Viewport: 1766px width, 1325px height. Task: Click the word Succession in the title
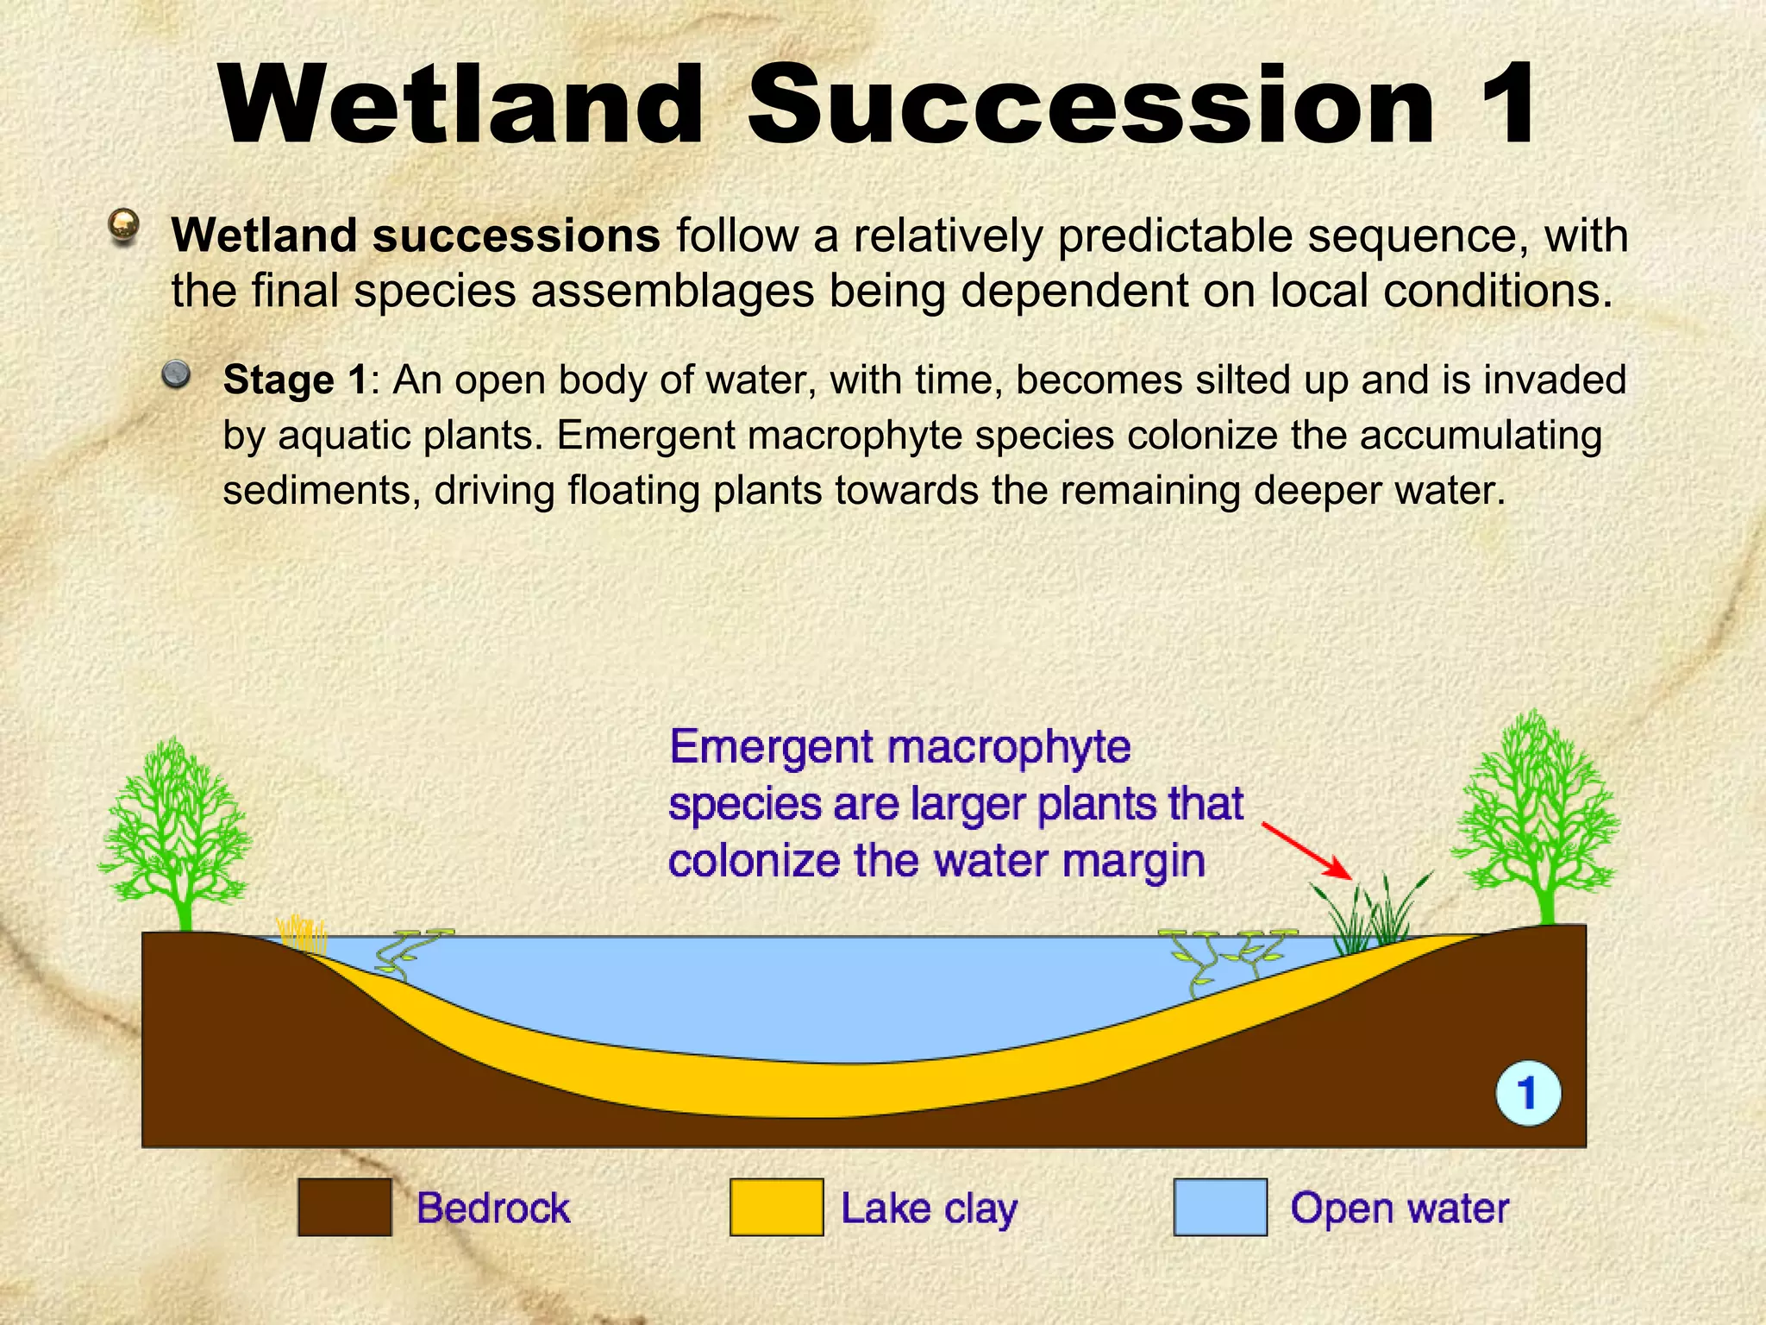point(1091,105)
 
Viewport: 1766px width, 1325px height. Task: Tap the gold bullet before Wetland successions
point(125,226)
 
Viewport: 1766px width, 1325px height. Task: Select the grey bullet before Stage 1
point(177,374)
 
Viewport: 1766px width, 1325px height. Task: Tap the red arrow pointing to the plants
point(1306,851)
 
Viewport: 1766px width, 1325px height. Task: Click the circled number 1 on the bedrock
point(1527,1093)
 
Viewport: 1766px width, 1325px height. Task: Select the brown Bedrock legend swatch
point(345,1208)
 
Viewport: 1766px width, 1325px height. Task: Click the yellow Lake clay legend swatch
point(776,1208)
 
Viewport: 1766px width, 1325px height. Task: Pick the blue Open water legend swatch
point(1220,1208)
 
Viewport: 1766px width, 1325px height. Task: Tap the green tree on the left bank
point(177,828)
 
